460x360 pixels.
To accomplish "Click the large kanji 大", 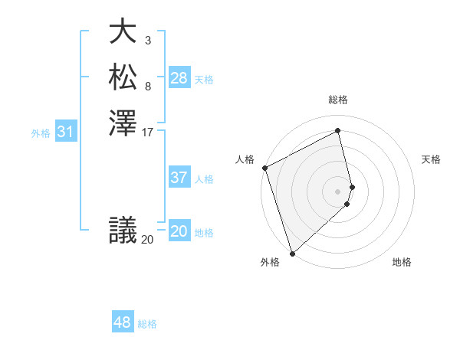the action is pos(122,33).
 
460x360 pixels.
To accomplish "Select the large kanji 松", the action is pos(122,77).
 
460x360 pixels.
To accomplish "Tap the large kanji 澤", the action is pos(122,123).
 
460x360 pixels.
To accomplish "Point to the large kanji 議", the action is pos(122,231).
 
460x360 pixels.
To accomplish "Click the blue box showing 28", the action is pos(179,78).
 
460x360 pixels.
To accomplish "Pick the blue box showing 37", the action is pos(179,178).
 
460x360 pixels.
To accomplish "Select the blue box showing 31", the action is pos(66,133).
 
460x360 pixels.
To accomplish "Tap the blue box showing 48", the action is pos(123,322).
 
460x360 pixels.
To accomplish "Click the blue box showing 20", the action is pos(179,232).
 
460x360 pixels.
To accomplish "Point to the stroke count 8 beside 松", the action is pos(147,86).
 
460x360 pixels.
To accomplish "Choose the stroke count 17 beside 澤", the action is pos(148,132).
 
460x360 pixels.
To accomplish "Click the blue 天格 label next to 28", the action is pos(204,80).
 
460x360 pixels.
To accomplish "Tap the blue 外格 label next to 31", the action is pos(41,133).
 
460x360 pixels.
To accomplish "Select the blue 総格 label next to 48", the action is pos(147,324).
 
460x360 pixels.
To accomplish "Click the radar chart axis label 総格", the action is pos(338,100).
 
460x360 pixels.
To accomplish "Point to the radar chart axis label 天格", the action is pos(431,159).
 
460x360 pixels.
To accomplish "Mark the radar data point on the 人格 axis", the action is pos(264,168).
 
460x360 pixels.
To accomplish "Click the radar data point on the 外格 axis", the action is pos(292,253).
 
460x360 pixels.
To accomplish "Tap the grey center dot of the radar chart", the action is pos(338,191).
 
